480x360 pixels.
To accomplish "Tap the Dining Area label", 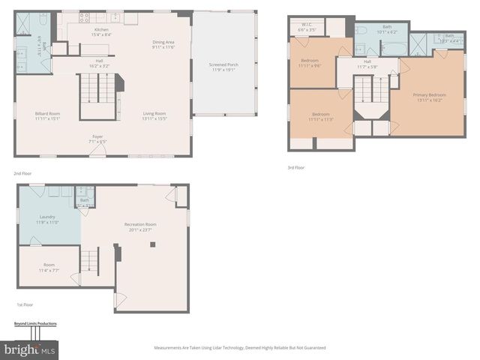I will pyautogui.click(x=163, y=45).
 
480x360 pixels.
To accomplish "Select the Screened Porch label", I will pyautogui.click(x=223, y=67).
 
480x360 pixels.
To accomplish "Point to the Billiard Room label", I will pyautogui.click(x=47, y=115).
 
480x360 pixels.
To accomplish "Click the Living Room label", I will pyautogui.click(x=154, y=115).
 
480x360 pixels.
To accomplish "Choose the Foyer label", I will pyautogui.click(x=97, y=139).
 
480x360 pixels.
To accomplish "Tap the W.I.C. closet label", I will pyautogui.click(x=307, y=27).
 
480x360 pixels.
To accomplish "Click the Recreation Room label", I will pyautogui.click(x=140, y=226).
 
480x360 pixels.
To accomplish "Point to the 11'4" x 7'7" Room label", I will pyautogui.click(x=49, y=266).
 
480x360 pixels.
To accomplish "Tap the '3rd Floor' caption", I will pyautogui.click(x=295, y=167).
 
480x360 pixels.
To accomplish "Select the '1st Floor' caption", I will pyautogui.click(x=25, y=304).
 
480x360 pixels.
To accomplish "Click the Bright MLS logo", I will pyautogui.click(x=30, y=349).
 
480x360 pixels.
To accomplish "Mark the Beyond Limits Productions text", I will pyautogui.click(x=35, y=324).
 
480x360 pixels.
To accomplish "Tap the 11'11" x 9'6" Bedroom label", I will pyautogui.click(x=310, y=63).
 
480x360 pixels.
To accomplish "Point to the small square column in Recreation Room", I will pyautogui.click(x=153, y=244).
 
